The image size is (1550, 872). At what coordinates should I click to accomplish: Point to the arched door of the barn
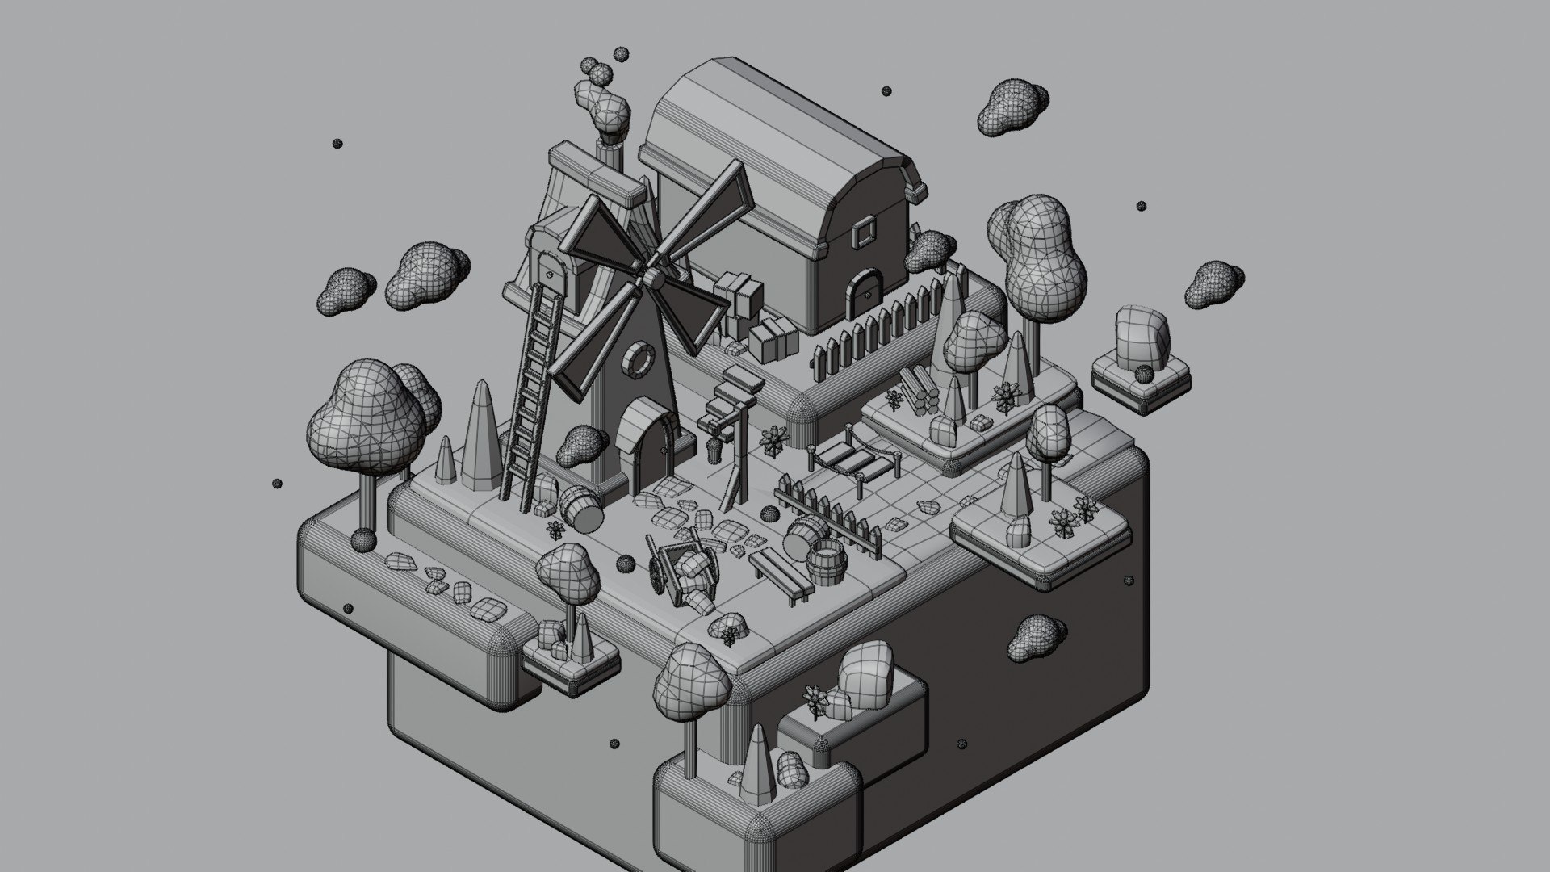tap(861, 291)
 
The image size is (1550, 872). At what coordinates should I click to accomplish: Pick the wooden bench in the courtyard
tap(779, 572)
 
